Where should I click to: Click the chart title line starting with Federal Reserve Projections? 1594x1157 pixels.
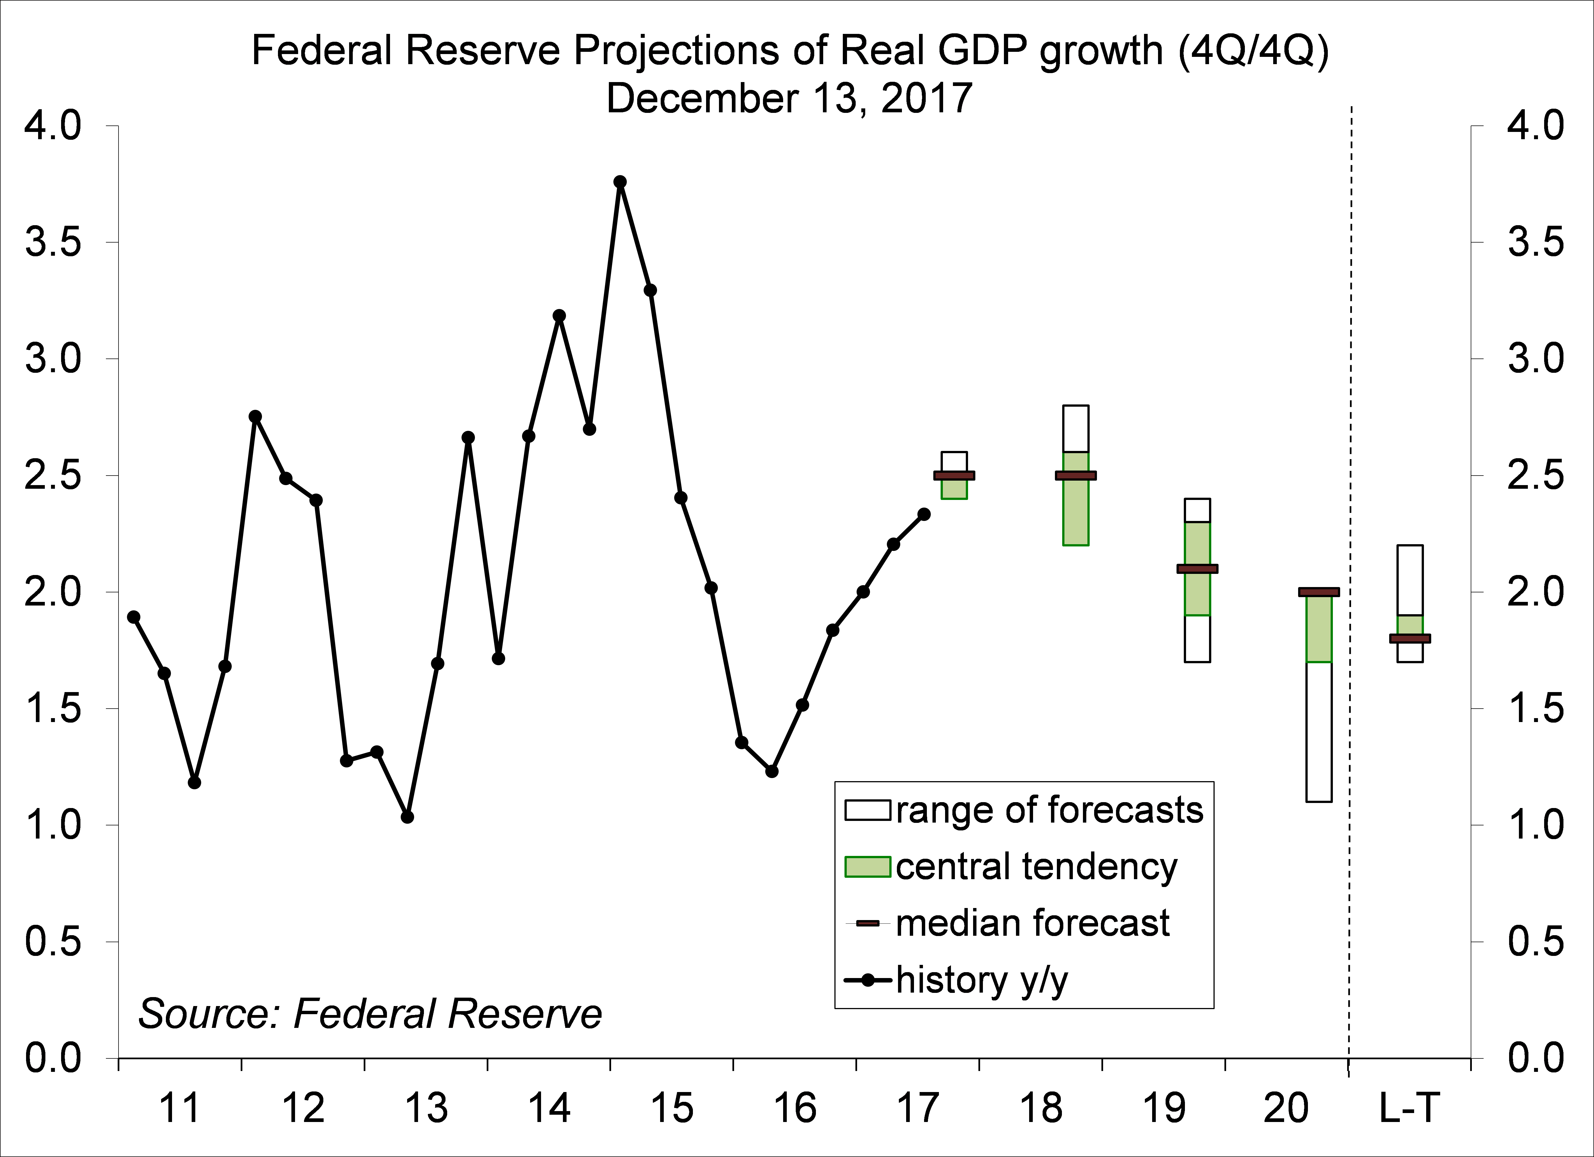pyautogui.click(x=790, y=51)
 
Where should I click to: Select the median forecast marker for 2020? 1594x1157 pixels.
pyautogui.click(x=1319, y=592)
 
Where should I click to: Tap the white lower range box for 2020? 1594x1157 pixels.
pyautogui.click(x=1319, y=731)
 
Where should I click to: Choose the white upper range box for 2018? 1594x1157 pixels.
pyautogui.click(x=1075, y=429)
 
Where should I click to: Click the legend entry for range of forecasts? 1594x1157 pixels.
pyautogui.click(x=1024, y=810)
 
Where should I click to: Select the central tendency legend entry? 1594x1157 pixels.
pyautogui.click(x=1011, y=866)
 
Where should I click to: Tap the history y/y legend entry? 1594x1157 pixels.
pyautogui.click(x=956, y=980)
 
